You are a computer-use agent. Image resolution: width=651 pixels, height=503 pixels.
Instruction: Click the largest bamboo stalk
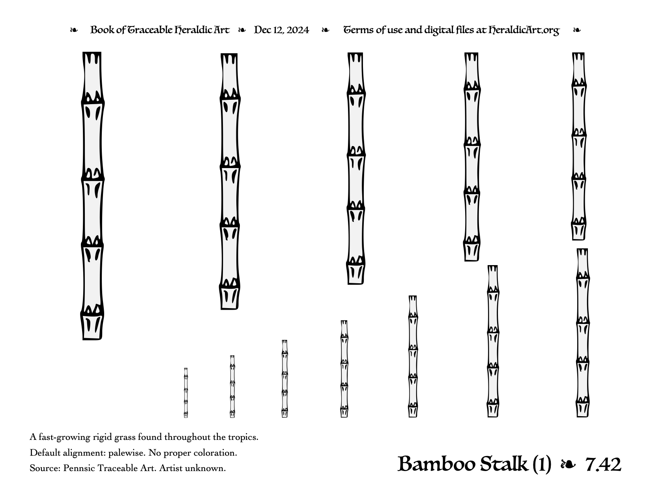tap(92, 196)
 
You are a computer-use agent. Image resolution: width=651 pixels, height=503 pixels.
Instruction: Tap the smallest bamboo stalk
tap(186, 393)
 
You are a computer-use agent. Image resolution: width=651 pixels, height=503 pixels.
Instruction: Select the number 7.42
tap(603, 465)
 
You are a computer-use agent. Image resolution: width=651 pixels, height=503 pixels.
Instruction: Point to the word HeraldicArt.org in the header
tap(524, 30)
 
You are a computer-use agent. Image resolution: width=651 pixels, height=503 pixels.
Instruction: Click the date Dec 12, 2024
tap(281, 30)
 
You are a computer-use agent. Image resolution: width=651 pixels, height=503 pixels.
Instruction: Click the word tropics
tap(243, 438)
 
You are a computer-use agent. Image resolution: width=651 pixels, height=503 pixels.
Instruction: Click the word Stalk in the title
tap(504, 464)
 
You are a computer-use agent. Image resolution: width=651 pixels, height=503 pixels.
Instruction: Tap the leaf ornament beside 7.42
tap(568, 465)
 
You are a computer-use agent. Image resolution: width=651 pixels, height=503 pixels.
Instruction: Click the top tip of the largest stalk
tap(92, 52)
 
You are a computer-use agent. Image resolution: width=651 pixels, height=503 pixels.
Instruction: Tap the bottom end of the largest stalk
tap(92, 339)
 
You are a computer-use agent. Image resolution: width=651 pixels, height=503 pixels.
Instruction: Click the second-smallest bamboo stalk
tap(232, 387)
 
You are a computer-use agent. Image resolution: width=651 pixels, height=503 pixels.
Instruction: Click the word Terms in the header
tap(357, 30)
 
